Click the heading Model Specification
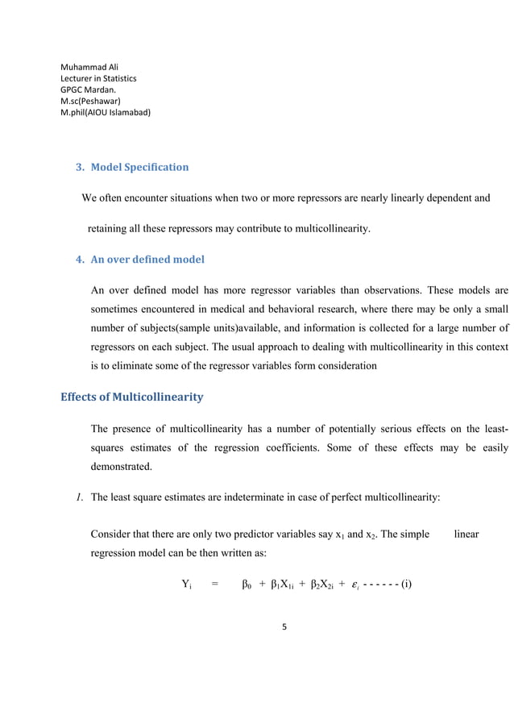pos(139,168)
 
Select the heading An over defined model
pos(147,260)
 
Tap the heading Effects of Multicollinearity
pos(132,397)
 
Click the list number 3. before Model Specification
pos(80,168)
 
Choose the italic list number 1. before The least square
pos(80,497)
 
